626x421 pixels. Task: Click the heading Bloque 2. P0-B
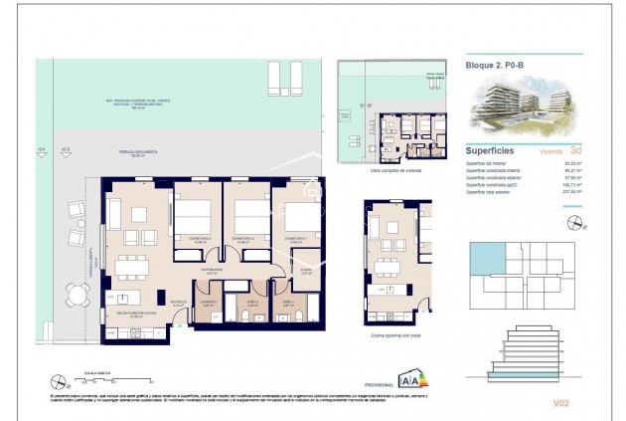pyautogui.click(x=495, y=65)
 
